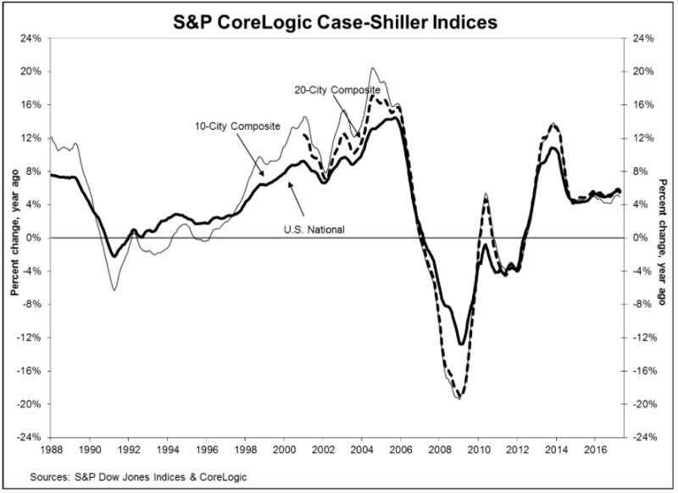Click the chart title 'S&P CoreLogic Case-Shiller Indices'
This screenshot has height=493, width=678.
335,22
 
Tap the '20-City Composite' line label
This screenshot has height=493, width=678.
337,90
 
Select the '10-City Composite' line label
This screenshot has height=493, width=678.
237,126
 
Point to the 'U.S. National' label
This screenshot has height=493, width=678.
314,229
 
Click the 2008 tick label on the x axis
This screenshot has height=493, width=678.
439,449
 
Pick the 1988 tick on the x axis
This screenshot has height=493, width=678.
51,449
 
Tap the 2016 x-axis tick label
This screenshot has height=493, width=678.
595,449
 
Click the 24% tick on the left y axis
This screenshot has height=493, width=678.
31,38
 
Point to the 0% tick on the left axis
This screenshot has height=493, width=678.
34,238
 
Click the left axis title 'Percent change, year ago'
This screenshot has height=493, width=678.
14,232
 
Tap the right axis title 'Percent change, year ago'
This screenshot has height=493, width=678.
663,243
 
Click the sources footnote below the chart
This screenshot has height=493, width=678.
138,477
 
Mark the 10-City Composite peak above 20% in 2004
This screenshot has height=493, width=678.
372,68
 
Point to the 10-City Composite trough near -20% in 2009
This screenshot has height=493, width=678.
458,399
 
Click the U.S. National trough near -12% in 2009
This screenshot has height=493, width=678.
461,345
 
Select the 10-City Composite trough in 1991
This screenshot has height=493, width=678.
114,290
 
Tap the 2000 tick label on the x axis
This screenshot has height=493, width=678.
284,449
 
